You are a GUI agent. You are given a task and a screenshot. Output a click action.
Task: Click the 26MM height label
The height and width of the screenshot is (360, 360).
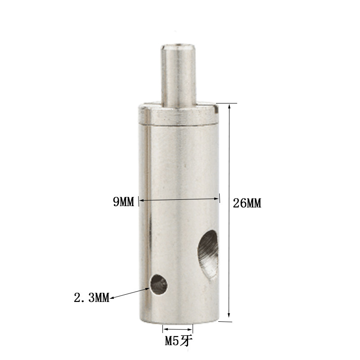pyautogui.click(x=247, y=203)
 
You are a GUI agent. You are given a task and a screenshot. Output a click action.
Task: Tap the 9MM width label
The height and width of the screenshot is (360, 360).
pyautogui.click(x=123, y=202)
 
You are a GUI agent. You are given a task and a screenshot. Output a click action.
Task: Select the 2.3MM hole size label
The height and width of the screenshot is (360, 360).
pyautogui.click(x=92, y=298)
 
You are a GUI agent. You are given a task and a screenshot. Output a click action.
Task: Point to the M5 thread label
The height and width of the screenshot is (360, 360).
pyautogui.click(x=178, y=341)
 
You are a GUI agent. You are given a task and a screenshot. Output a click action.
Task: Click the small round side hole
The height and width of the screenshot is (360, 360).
pyautogui.click(x=158, y=285)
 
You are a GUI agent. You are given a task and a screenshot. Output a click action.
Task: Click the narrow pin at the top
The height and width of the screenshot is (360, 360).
pyautogui.click(x=179, y=76)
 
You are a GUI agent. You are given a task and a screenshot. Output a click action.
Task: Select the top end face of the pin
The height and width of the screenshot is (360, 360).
pyautogui.click(x=178, y=47)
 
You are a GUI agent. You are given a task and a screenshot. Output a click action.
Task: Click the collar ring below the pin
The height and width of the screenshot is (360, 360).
pyautogui.click(x=178, y=114)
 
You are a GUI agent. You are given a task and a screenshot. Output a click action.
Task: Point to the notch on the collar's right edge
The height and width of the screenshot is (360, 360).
pyautogui.click(x=216, y=109)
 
